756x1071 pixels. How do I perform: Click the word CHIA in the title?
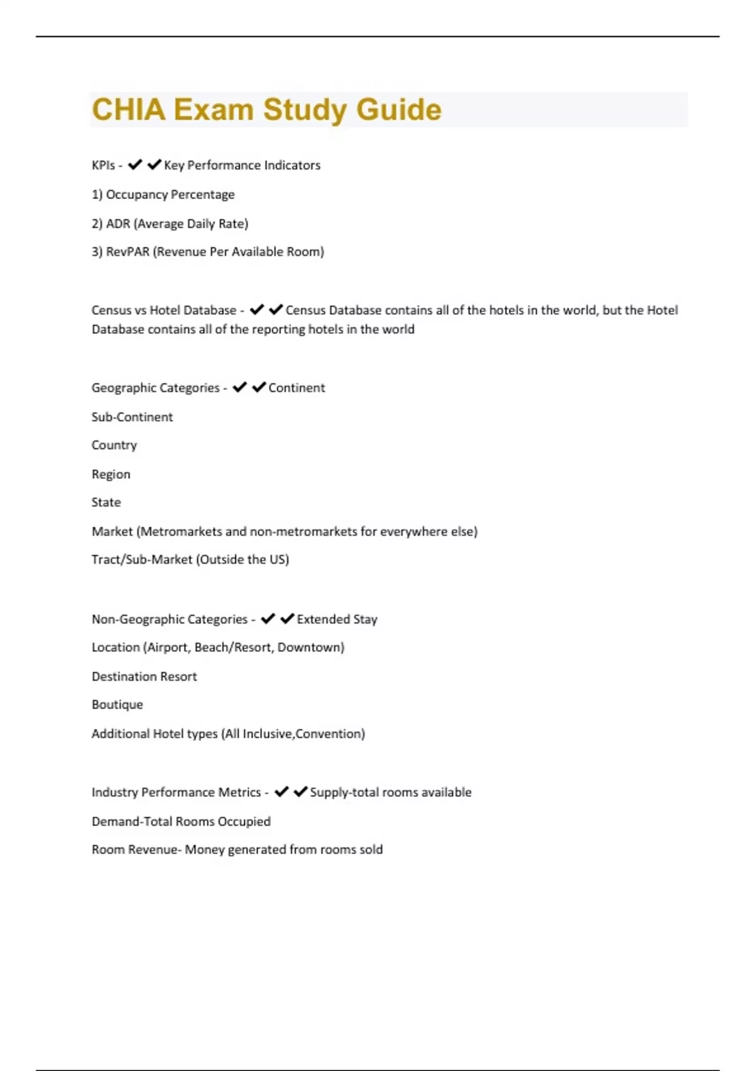tap(129, 110)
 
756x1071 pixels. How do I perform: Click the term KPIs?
tap(103, 165)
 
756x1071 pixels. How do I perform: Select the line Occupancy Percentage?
tap(163, 195)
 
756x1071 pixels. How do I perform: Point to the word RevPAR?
tap(128, 252)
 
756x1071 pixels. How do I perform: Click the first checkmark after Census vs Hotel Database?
tap(256, 309)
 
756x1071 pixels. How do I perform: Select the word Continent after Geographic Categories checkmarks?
tap(297, 388)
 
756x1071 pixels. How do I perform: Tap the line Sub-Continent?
tap(132, 417)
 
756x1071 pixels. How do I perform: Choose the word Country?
tap(114, 445)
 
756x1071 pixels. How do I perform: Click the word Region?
tap(111, 474)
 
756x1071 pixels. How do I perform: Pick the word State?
tap(106, 503)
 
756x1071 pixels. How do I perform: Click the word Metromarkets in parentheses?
tap(181, 532)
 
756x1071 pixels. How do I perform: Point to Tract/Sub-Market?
tap(142, 559)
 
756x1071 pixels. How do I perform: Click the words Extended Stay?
tap(337, 619)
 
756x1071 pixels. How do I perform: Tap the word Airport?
tap(168, 648)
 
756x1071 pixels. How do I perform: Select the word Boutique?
tap(117, 705)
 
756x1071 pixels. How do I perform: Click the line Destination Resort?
tap(144, 677)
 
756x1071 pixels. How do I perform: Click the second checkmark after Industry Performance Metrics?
tap(301, 791)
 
